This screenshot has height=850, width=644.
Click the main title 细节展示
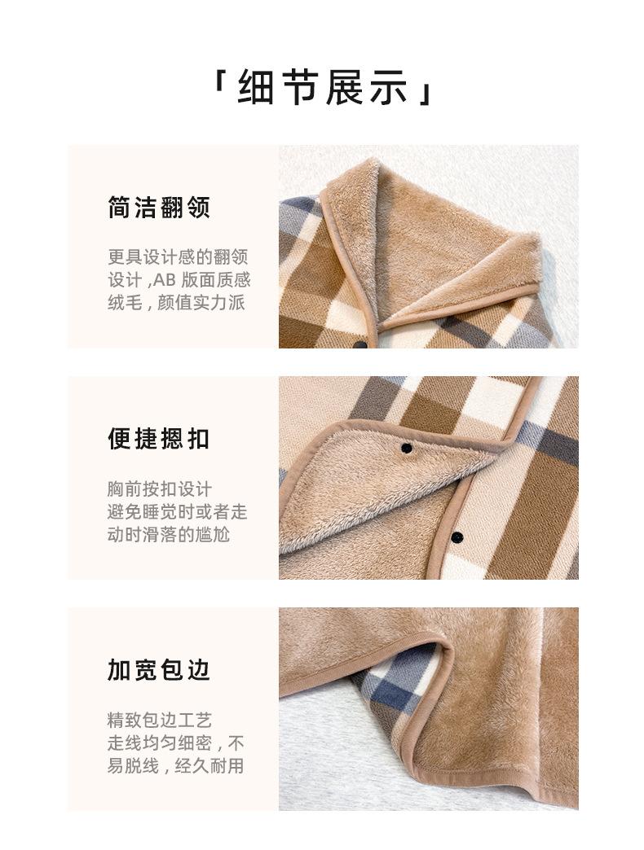[322, 88]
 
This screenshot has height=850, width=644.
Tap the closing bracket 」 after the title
[425, 90]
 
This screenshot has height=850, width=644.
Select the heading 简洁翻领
[159, 207]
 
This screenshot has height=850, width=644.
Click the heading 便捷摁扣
[159, 438]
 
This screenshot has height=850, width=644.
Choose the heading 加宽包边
[159, 669]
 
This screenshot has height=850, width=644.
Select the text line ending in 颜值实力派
[176, 303]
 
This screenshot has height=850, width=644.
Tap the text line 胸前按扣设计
[159, 489]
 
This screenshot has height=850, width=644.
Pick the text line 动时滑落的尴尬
[169, 534]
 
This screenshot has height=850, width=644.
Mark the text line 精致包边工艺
[159, 720]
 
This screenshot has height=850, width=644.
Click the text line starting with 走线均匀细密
[176, 743]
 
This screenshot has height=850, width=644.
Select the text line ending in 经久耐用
[176, 765]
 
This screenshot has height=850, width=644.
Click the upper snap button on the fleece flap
[406, 448]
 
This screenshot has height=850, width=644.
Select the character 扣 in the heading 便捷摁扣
[197, 438]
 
